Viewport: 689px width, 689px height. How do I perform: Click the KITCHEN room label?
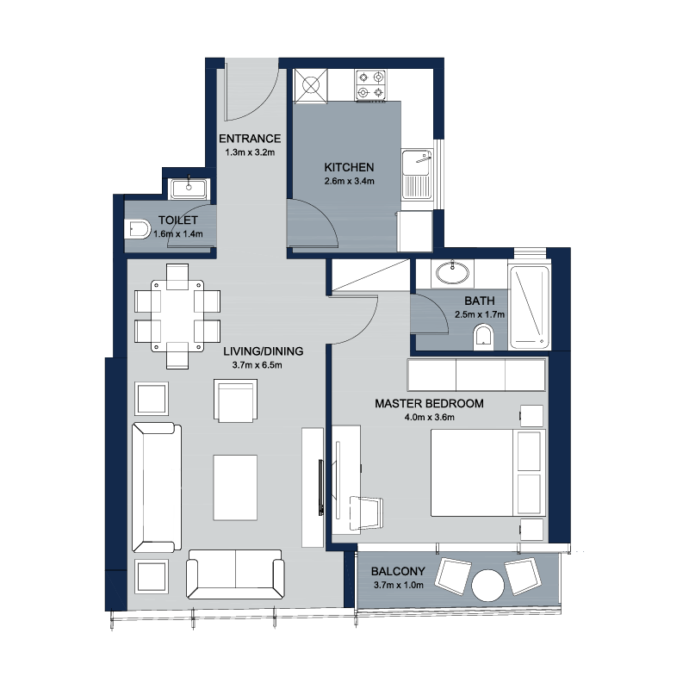click(349, 167)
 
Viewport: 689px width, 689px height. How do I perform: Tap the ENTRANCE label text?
click(250, 139)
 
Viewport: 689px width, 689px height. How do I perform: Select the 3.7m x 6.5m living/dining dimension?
click(257, 365)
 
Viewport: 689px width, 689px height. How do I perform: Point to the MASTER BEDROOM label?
click(429, 403)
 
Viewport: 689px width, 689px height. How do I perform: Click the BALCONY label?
click(398, 571)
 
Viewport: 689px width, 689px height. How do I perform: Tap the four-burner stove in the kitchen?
click(371, 84)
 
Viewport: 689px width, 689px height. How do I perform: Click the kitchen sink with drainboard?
click(418, 175)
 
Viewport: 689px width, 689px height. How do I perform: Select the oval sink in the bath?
click(453, 272)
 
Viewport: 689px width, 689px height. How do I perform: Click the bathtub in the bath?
click(529, 307)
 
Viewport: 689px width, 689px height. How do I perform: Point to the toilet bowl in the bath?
click(484, 338)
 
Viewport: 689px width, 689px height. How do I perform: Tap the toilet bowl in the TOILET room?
click(138, 229)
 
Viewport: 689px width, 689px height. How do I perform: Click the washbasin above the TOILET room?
click(189, 188)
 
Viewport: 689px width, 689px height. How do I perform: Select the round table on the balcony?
click(487, 586)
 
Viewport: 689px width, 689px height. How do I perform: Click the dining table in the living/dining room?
click(177, 315)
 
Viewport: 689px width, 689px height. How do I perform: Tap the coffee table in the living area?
click(235, 487)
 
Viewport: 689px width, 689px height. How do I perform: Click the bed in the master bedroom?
click(488, 473)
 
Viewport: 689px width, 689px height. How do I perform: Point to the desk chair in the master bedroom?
click(365, 512)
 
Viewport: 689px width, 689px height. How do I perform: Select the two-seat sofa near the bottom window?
click(235, 574)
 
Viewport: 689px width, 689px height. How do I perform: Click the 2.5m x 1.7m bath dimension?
click(480, 314)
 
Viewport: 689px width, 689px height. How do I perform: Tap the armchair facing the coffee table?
click(235, 400)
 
